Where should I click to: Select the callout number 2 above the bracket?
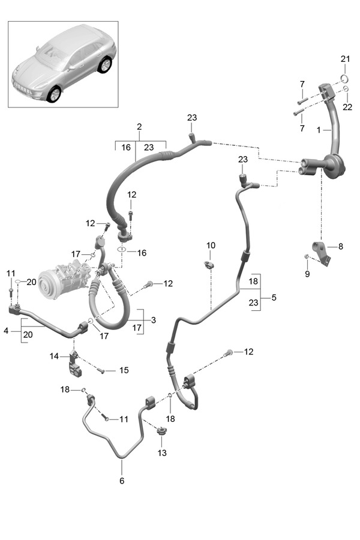[139, 127]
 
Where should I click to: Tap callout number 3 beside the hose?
[154, 320]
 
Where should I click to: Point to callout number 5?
[274, 297]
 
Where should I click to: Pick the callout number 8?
[340, 246]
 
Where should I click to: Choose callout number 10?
[211, 245]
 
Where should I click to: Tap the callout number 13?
[162, 452]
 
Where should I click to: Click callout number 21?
[344, 58]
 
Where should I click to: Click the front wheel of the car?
[55, 94]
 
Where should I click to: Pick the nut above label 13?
[161, 430]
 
